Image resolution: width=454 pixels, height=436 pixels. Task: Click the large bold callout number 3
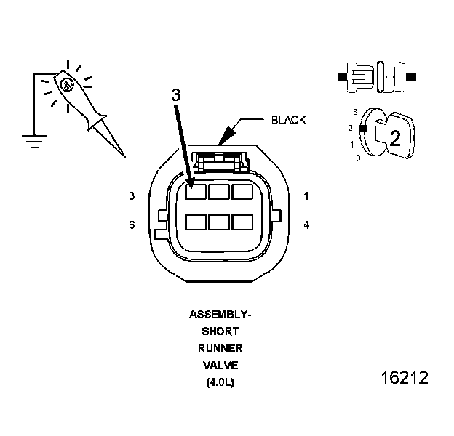pyautogui.click(x=175, y=94)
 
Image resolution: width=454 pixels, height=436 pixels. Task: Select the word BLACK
pyautogui.click(x=289, y=120)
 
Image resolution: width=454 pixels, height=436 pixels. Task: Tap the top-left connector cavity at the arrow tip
pyautogui.click(x=195, y=193)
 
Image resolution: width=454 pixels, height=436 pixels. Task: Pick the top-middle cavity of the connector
pyautogui.click(x=219, y=193)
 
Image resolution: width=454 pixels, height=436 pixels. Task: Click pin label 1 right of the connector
pyautogui.click(x=306, y=196)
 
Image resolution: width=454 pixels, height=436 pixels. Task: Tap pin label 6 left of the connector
pyautogui.click(x=132, y=225)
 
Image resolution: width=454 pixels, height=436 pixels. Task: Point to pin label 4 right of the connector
pyautogui.click(x=306, y=225)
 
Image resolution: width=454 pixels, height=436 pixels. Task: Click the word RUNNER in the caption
pyautogui.click(x=219, y=349)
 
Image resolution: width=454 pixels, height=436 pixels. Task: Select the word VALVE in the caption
pyautogui.click(x=219, y=365)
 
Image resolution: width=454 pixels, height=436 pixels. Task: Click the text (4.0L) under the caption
pyautogui.click(x=219, y=381)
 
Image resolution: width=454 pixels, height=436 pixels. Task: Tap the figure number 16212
pyautogui.click(x=405, y=379)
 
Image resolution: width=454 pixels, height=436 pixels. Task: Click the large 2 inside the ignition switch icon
pyautogui.click(x=395, y=137)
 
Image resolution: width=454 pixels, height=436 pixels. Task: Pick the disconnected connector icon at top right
pyautogui.click(x=377, y=76)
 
